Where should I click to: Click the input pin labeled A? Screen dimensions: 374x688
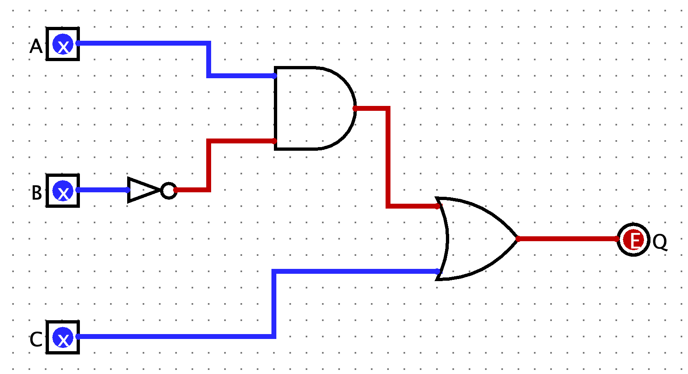point(63,44)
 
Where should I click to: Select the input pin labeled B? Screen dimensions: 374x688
point(63,191)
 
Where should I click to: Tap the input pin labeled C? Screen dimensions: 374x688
point(63,337)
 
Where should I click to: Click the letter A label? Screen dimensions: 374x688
point(36,46)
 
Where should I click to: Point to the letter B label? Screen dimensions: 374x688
point(37,193)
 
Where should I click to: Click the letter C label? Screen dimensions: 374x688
point(36,339)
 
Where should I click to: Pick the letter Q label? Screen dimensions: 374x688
point(660,242)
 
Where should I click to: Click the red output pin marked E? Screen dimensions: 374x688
point(633,240)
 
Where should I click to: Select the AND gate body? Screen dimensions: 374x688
point(310,108)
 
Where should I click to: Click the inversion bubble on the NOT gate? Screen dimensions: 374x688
point(168,190)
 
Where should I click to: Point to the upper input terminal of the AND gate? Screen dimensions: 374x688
point(275,76)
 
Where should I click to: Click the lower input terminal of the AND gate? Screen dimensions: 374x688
point(275,141)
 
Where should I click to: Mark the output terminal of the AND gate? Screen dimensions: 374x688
point(355,108)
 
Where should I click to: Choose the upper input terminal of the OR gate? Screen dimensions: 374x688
point(438,206)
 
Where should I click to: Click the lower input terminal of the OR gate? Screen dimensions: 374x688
point(438,271)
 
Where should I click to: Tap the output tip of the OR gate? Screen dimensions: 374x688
point(518,239)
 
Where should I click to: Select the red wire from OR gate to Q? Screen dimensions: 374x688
point(567,239)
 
